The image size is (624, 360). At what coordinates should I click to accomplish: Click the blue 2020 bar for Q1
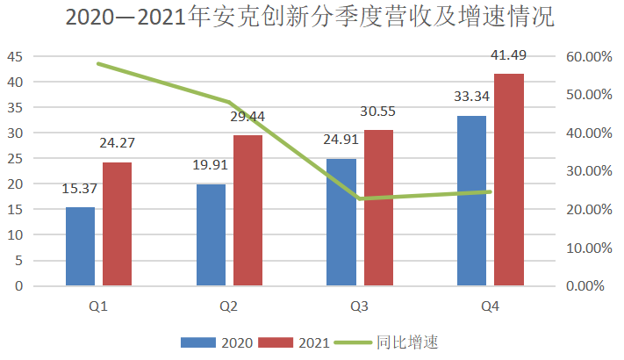pyautogui.click(x=80, y=247)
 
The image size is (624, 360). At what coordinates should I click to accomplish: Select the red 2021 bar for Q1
pyautogui.click(x=117, y=224)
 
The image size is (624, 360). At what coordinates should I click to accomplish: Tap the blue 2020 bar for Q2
pyautogui.click(x=211, y=235)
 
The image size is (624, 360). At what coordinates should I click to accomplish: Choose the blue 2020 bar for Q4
pyautogui.click(x=471, y=201)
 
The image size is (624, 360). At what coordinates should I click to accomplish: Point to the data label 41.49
pyautogui.click(x=509, y=56)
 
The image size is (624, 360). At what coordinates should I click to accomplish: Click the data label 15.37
pyautogui.click(x=79, y=189)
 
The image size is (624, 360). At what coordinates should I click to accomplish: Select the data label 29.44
pyautogui.click(x=247, y=116)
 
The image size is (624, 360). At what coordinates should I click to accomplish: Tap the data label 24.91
pyautogui.click(x=341, y=140)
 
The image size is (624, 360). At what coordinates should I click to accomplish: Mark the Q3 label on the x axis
pyautogui.click(x=359, y=306)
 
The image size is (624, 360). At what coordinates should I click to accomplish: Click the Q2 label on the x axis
pyautogui.click(x=229, y=306)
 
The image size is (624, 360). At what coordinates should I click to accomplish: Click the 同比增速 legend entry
pyautogui.click(x=386, y=341)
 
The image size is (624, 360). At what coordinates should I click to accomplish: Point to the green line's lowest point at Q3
pyautogui.click(x=360, y=198)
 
